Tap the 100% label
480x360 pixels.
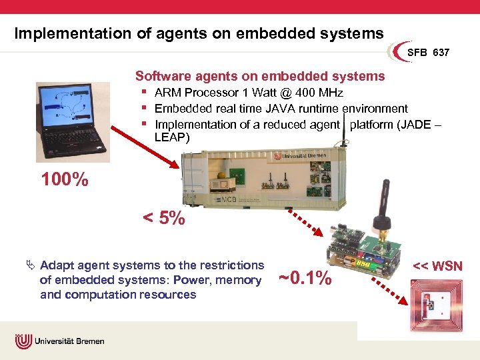[65, 179]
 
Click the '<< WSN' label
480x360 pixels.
[437, 267]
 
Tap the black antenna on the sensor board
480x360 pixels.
[385, 203]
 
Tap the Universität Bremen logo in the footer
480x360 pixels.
[61, 341]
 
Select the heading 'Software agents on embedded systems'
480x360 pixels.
[260, 76]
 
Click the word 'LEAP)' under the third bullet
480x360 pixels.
[172, 137]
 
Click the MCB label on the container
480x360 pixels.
[229, 200]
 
